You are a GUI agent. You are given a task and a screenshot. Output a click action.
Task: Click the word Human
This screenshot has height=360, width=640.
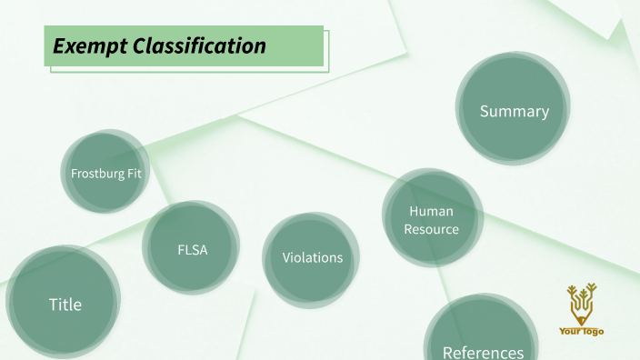pyautogui.click(x=431, y=212)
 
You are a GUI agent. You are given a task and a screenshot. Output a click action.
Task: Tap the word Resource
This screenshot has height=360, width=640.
pyautogui.click(x=432, y=229)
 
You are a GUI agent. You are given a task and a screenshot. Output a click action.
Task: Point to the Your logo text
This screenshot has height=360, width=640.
pyautogui.click(x=581, y=332)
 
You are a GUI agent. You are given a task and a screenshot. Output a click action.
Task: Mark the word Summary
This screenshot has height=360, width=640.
pyautogui.click(x=515, y=111)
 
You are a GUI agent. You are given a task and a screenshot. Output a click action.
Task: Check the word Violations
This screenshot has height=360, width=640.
pyautogui.click(x=313, y=257)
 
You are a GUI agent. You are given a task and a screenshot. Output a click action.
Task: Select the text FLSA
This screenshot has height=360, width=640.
pyautogui.click(x=193, y=249)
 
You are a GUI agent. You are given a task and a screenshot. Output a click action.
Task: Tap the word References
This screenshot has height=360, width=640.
pyautogui.click(x=483, y=352)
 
